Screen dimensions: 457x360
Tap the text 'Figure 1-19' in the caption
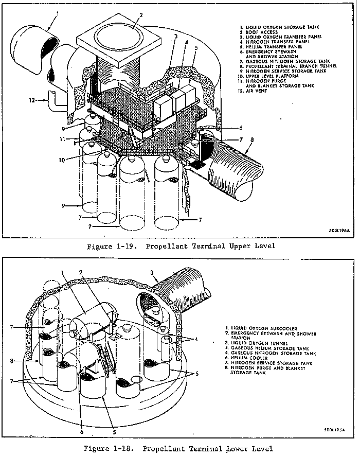pyautogui.click(x=112, y=246)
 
